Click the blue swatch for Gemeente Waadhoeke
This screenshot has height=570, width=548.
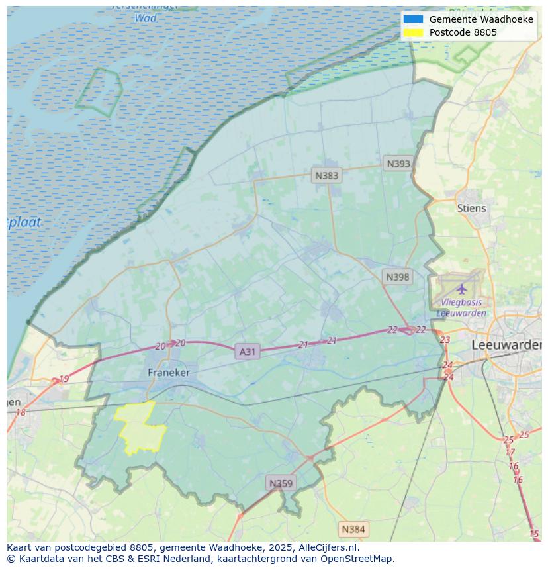coord(413,19)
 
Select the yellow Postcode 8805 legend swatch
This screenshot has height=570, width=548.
coord(413,32)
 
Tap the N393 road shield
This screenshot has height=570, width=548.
coord(398,164)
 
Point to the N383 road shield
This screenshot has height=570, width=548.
coord(326,175)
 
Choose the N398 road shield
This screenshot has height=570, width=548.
coord(397,277)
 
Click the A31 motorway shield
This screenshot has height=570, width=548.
coord(247,352)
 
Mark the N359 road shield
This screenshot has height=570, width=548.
coord(281,483)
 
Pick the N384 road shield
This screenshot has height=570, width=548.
coord(353,529)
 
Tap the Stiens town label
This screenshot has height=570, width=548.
coord(471,208)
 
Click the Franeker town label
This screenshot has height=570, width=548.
coord(168,373)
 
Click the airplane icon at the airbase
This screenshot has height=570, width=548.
coord(461,289)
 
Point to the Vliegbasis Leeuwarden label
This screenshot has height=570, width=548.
coord(461,308)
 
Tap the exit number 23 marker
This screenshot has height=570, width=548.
coord(445,340)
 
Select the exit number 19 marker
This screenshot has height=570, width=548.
coord(64,379)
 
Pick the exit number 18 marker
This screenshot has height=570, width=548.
coord(21,412)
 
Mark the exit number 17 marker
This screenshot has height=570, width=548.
coord(510,452)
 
